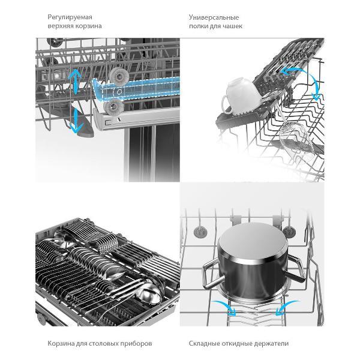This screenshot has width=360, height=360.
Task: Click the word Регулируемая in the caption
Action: click(x=70, y=17)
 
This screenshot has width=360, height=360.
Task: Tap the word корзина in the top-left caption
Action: click(x=88, y=26)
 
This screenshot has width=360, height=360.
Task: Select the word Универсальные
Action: click(x=214, y=17)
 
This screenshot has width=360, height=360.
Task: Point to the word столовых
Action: click(x=103, y=343)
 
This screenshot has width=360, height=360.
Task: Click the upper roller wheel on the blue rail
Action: click(x=118, y=76)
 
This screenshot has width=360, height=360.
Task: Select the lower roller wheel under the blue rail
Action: click(x=113, y=107)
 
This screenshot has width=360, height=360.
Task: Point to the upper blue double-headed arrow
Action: click(x=75, y=81)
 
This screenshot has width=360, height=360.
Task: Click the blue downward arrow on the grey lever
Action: click(x=76, y=121)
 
